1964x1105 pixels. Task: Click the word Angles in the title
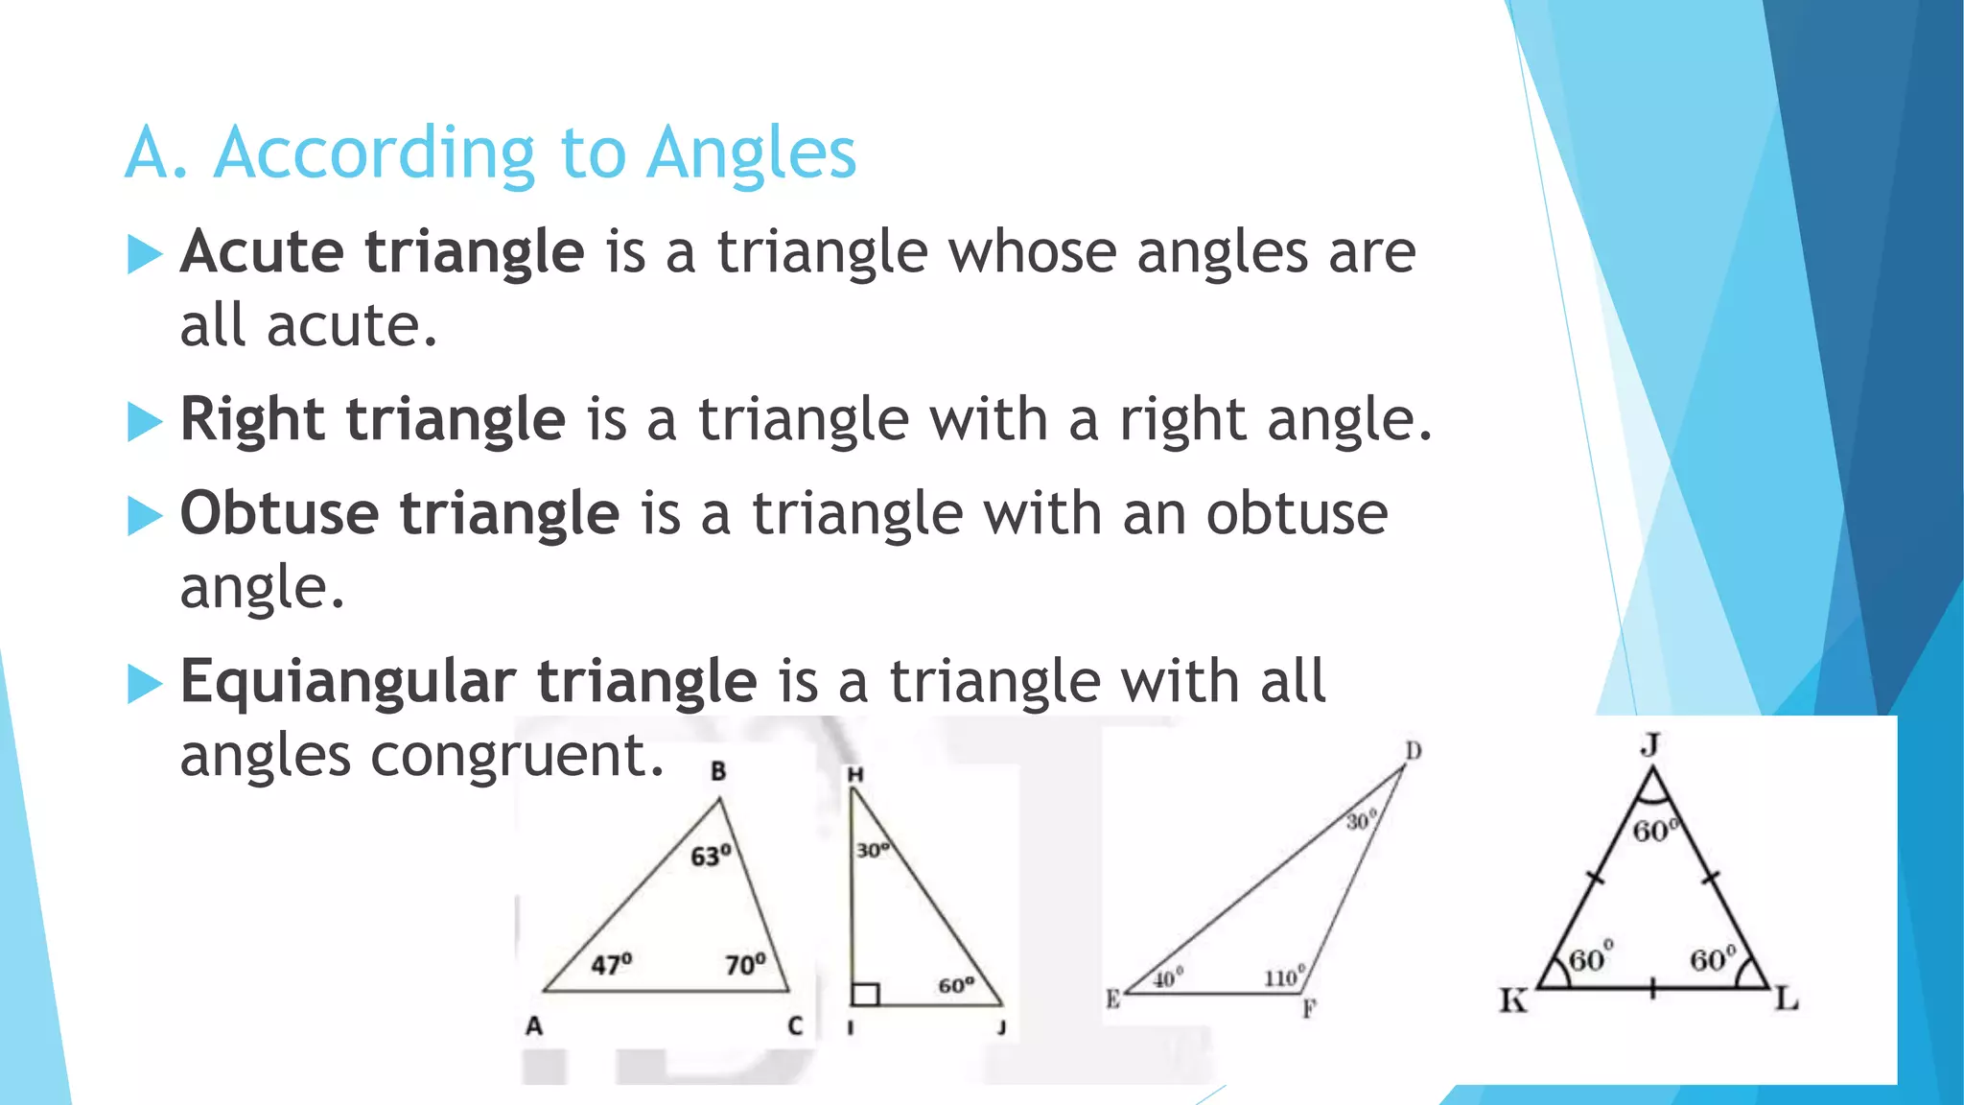pos(751,153)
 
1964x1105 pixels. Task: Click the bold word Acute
pos(262,252)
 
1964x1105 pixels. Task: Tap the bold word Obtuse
pos(279,513)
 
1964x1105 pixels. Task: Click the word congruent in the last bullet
pos(517,755)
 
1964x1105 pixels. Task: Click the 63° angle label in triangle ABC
pos(711,855)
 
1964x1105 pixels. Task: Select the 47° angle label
pos(611,963)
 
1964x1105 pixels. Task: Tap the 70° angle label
pos(745,963)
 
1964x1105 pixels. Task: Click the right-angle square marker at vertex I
pos(865,994)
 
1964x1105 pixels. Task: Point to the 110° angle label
pos(1284,977)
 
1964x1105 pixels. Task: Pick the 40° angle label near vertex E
pos(1168,978)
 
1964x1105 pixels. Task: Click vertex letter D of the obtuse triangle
pos(1414,750)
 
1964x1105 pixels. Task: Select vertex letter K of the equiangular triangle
pos(1513,1001)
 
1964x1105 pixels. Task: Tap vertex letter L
pos(1786,1000)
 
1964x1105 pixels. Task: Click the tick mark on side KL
pos(1652,988)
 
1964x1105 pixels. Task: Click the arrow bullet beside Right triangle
pos(145,422)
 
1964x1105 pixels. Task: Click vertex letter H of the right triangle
pos(855,774)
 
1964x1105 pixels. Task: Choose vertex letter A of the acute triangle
pos(534,1026)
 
